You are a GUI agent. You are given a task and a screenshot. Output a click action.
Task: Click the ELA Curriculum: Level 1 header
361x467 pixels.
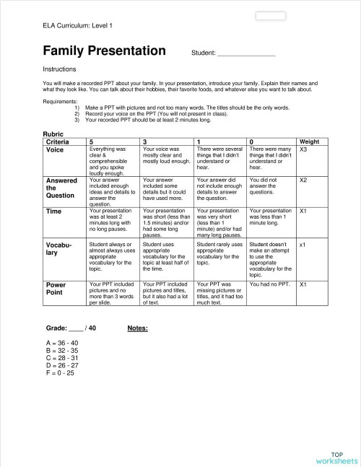click(77, 25)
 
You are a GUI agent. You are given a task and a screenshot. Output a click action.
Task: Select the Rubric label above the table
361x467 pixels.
click(55, 134)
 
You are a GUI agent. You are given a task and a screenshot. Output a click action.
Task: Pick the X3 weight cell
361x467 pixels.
click(304, 149)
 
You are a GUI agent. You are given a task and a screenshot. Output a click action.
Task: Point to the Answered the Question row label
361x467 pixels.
click(61, 188)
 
